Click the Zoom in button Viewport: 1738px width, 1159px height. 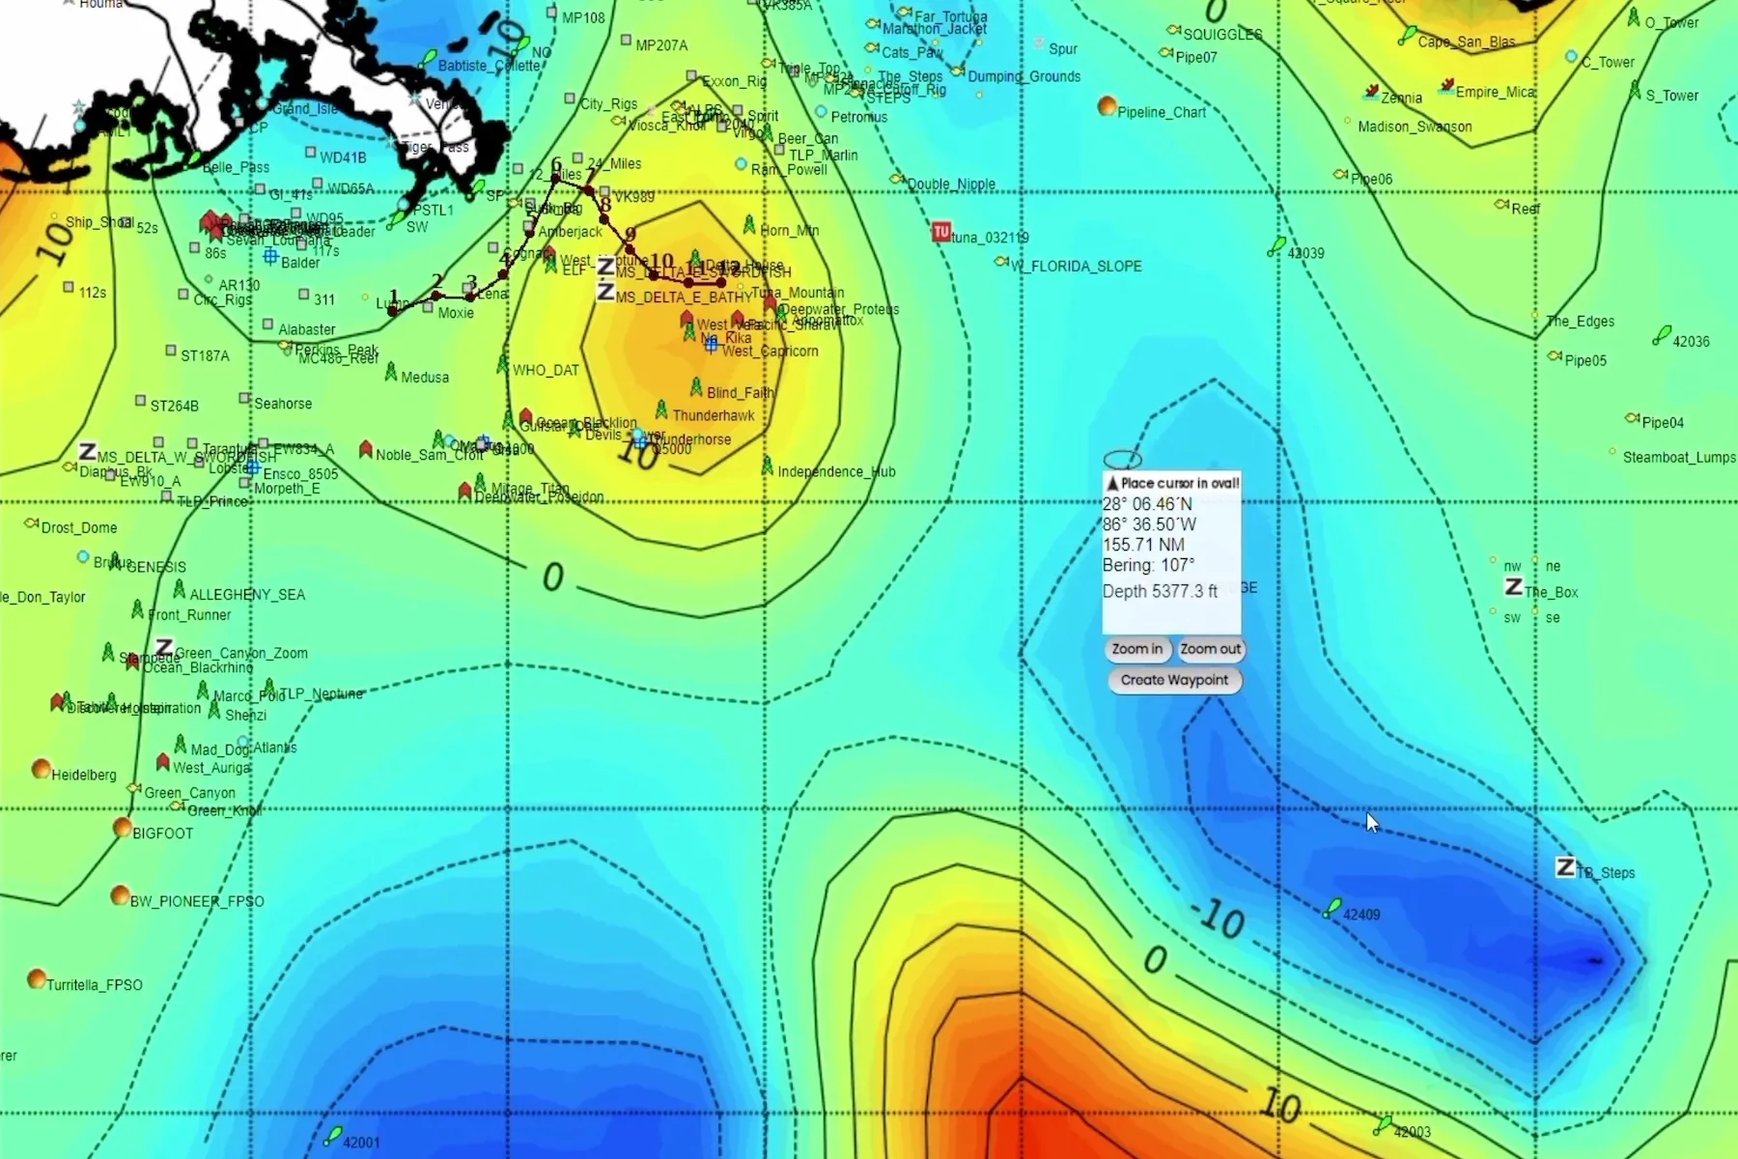point(1137,649)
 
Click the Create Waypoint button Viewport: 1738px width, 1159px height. point(1174,680)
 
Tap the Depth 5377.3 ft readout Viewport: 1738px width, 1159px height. point(1160,591)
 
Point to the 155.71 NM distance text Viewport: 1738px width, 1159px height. point(1143,545)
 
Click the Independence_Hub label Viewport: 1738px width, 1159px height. point(836,472)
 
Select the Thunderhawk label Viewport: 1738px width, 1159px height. point(714,415)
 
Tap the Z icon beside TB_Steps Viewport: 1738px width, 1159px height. point(1565,867)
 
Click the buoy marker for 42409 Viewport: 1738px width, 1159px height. point(1333,908)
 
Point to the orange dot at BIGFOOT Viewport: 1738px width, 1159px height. point(123,828)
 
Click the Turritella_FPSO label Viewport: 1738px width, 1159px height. point(95,985)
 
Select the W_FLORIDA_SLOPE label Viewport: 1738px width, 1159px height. point(1077,267)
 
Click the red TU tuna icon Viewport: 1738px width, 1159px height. point(941,232)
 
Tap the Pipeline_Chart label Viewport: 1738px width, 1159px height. point(1162,112)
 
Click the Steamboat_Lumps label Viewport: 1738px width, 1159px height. point(1679,457)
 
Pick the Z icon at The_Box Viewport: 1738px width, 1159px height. point(1514,586)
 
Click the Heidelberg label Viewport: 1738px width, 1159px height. point(84,775)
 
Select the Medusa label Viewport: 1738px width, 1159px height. point(425,378)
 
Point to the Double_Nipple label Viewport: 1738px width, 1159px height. point(951,184)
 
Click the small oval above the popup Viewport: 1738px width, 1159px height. point(1122,459)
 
